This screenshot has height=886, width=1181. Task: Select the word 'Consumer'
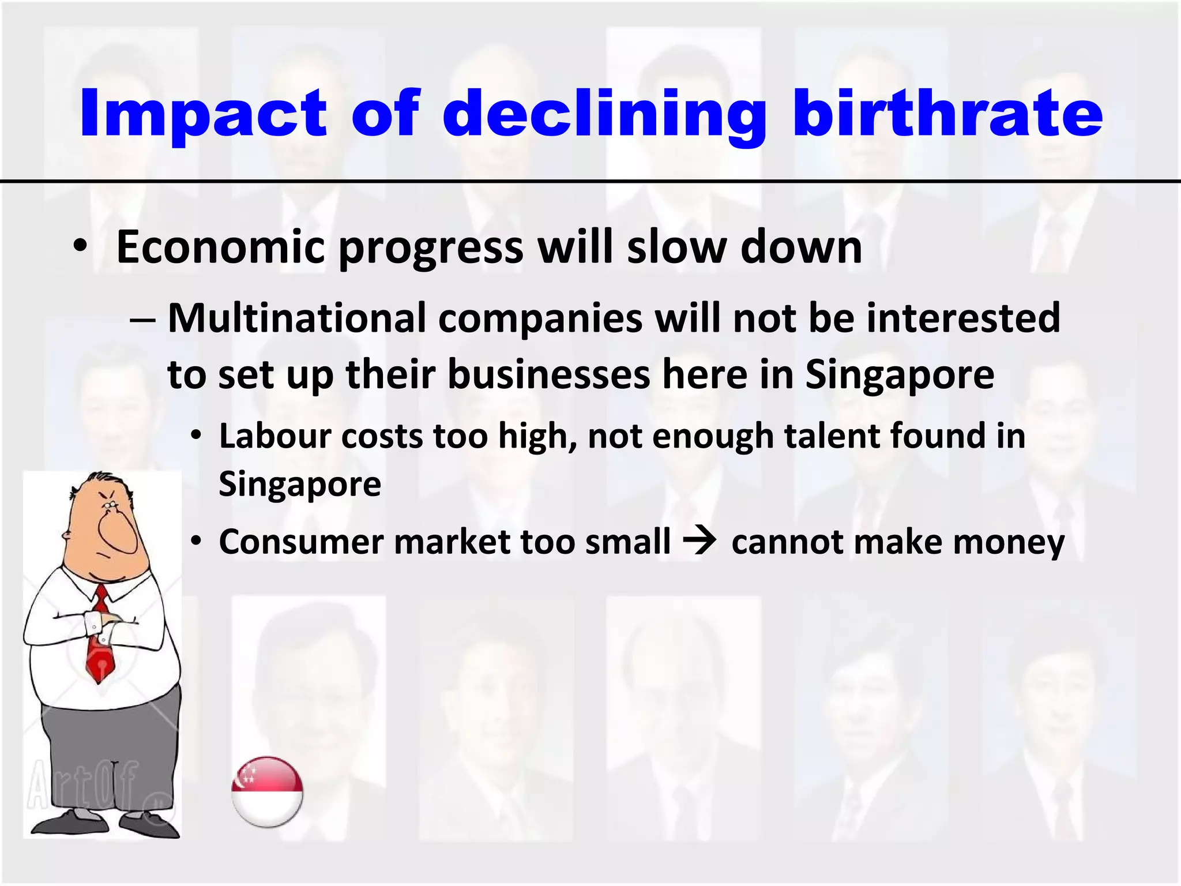pos(301,542)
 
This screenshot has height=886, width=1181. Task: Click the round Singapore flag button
pos(267,792)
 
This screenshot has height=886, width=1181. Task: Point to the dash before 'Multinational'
pos(142,319)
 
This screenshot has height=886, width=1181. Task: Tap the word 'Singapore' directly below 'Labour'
pos(300,483)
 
